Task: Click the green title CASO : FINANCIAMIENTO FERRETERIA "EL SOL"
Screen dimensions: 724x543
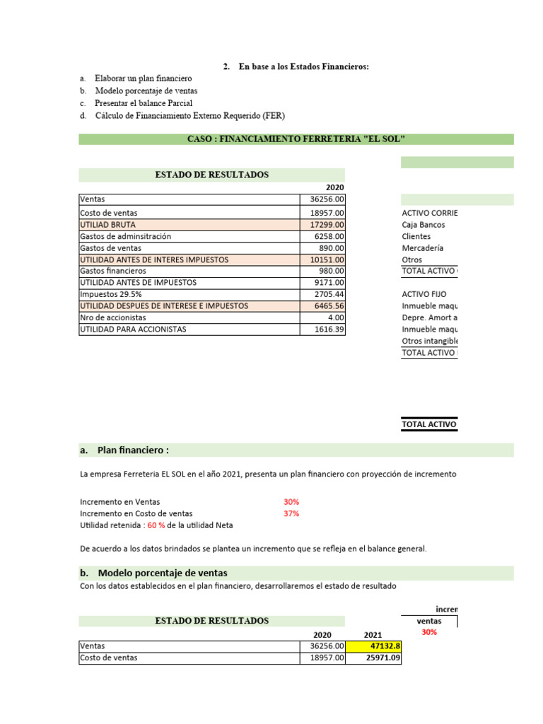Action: (x=296, y=139)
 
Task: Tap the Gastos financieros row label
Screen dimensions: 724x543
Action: (x=113, y=271)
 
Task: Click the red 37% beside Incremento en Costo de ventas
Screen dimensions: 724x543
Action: (x=291, y=513)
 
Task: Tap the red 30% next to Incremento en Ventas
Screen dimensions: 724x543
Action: (x=291, y=501)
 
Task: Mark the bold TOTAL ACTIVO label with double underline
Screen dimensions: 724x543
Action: (x=429, y=425)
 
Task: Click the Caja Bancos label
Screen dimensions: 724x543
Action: (x=423, y=225)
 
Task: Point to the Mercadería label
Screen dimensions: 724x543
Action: (x=422, y=248)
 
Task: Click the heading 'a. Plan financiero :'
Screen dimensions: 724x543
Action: (x=124, y=450)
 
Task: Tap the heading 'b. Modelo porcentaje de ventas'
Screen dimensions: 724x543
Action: (x=153, y=573)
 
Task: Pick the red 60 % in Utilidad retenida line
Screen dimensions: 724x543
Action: (x=157, y=525)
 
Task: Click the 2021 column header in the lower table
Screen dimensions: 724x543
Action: (x=373, y=635)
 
